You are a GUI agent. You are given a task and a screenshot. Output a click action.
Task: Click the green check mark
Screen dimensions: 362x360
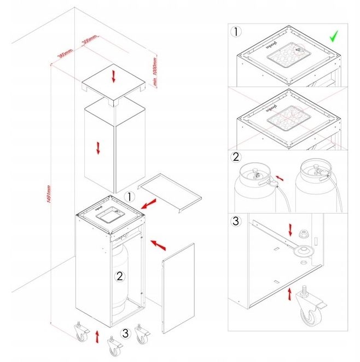(334, 38)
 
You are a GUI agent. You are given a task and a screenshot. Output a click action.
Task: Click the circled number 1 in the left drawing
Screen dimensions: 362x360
(129, 196)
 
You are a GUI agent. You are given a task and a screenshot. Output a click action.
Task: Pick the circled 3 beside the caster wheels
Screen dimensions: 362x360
(126, 332)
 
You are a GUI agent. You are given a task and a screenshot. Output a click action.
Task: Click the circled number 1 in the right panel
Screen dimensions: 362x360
(236, 31)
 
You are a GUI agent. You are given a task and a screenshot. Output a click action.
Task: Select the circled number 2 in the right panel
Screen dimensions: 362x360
(236, 157)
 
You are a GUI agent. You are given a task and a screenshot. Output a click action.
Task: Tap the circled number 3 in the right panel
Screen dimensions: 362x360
(236, 221)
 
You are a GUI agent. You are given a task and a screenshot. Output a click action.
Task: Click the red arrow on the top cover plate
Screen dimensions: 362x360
(114, 76)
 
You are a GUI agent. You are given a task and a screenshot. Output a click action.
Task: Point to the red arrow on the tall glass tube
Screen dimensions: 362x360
(98, 147)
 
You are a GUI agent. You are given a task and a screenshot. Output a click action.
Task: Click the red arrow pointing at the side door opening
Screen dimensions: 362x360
(159, 246)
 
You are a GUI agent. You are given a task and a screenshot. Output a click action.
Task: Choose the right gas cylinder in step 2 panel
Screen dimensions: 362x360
(316, 189)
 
